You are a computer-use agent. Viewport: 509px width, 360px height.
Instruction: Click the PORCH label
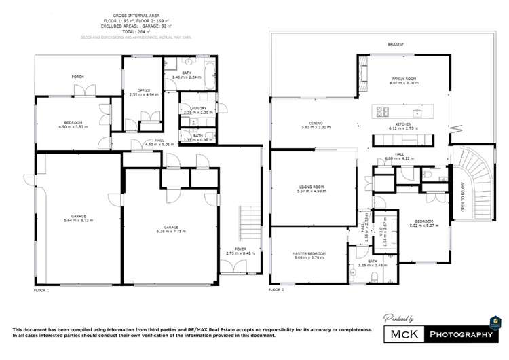[x=77, y=77]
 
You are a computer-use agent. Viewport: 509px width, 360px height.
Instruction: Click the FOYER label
[x=240, y=249]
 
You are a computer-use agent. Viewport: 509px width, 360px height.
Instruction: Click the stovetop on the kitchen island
[x=381, y=112]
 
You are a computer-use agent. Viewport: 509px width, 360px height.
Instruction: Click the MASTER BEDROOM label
[x=309, y=253]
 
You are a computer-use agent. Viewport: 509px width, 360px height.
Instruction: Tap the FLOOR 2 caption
[x=276, y=289]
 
